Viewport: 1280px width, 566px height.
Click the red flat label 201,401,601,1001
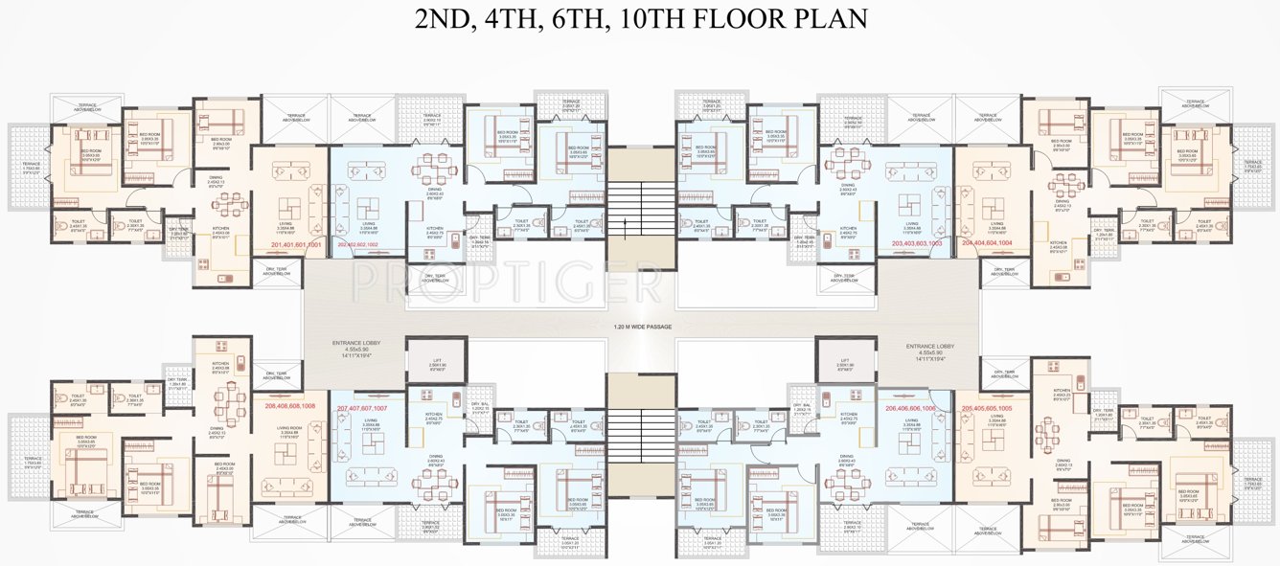pos(291,245)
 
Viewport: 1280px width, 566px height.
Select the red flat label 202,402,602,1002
pos(372,245)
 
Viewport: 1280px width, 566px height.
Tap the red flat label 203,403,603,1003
pos(903,244)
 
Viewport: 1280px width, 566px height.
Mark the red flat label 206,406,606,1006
pos(903,408)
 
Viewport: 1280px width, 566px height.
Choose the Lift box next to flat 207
pos(436,363)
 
